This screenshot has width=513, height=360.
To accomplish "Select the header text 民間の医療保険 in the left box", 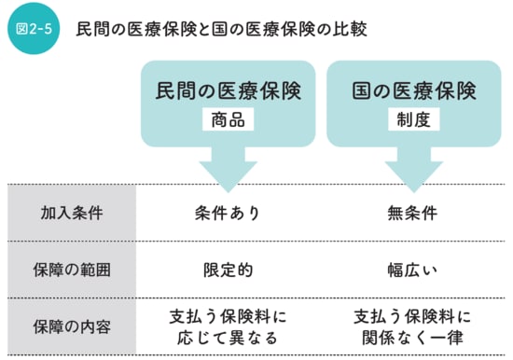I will (x=229, y=90).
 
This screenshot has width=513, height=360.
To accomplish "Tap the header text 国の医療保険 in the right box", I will (x=414, y=90).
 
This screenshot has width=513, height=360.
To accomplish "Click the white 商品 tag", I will (x=229, y=120).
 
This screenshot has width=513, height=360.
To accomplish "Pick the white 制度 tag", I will (x=414, y=120).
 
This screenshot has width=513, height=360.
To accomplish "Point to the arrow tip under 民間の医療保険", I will (x=229, y=187).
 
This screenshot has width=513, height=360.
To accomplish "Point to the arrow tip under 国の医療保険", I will (x=414, y=187).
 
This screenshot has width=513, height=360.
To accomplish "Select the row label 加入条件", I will (x=72, y=213).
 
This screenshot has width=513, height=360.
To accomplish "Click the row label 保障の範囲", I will (x=72, y=270).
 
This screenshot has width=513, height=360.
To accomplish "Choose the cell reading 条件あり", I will (x=229, y=213).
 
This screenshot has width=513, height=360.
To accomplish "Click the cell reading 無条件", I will (x=414, y=213).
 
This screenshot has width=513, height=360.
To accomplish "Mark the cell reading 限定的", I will (x=229, y=270).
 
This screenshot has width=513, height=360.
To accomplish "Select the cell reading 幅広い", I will (x=414, y=270).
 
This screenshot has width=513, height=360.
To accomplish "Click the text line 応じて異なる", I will (x=229, y=337).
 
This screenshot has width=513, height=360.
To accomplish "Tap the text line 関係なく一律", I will (x=414, y=337).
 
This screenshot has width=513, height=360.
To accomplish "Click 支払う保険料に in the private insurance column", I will (x=229, y=315).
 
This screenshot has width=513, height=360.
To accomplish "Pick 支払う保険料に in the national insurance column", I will (x=414, y=315).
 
